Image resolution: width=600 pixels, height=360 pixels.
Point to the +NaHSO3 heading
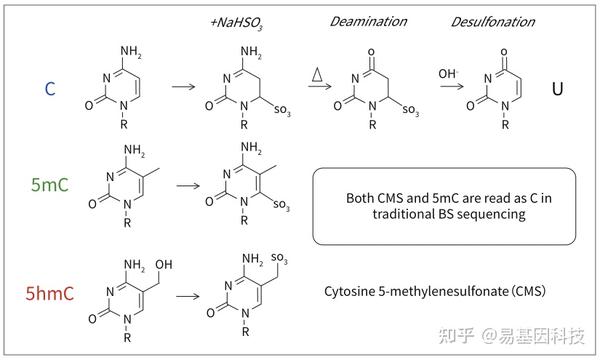(236, 21)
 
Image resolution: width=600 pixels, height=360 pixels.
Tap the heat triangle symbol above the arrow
(319, 73)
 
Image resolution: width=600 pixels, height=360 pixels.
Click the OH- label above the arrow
(446, 73)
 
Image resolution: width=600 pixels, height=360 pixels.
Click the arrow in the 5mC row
(188, 185)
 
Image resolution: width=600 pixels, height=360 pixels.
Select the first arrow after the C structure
(183, 89)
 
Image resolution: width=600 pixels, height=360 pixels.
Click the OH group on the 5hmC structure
(166, 264)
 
